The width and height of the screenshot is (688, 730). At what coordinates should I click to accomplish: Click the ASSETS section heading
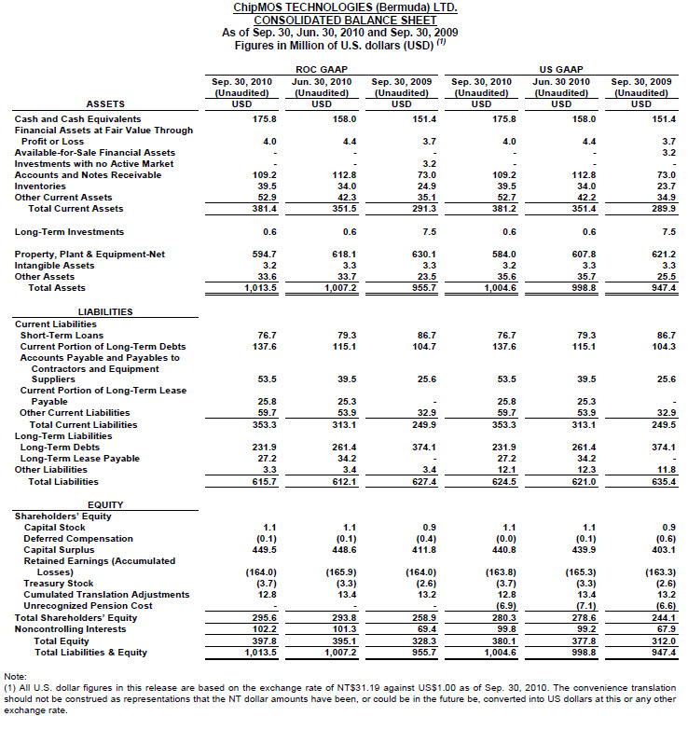pos(105,103)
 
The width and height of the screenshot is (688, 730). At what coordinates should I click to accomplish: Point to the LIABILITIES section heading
pos(105,311)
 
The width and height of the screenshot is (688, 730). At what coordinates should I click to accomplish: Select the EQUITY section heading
pos(105,504)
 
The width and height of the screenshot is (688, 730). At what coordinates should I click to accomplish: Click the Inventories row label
pos(42,186)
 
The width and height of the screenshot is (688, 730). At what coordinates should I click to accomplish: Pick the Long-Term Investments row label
pos(71,232)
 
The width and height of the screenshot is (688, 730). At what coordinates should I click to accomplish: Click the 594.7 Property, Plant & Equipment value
pos(243,255)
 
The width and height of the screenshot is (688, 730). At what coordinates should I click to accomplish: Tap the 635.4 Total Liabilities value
pos(641,482)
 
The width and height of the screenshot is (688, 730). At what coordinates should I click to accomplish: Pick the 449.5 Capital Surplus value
pos(243,549)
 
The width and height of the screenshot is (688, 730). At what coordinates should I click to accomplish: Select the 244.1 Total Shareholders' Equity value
pos(641,617)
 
